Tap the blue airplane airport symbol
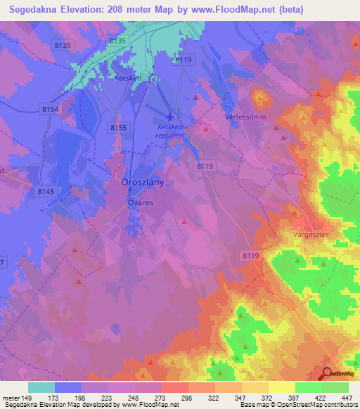(169, 115)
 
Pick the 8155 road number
(118, 127)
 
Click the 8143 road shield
(46, 190)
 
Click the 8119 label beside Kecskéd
(184, 60)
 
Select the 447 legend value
(348, 397)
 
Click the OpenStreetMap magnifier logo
(327, 375)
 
